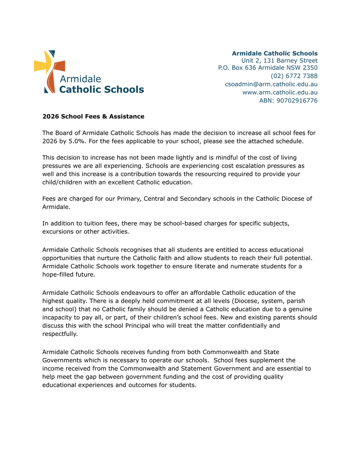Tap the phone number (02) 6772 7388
point(294,76)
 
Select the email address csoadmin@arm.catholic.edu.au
point(271,84)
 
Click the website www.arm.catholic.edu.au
point(280,92)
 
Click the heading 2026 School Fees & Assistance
point(93,116)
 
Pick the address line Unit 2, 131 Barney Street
point(279,61)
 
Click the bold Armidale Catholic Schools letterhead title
point(275,53)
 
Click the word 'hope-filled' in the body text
point(59,274)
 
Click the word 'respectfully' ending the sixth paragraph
point(59,334)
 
